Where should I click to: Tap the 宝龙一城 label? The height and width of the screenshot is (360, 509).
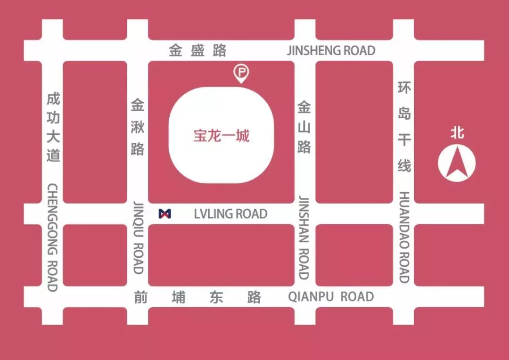(222, 136)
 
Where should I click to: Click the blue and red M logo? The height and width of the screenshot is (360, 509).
(165, 213)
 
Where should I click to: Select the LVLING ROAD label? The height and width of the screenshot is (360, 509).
(230, 214)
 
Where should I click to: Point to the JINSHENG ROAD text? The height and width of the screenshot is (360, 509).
(331, 50)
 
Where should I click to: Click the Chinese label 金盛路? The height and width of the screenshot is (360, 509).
(198, 50)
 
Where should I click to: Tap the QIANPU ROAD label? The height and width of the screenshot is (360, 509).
(331, 296)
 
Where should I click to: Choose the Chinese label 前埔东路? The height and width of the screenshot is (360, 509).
(197, 297)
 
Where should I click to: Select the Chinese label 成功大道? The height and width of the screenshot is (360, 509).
(53, 127)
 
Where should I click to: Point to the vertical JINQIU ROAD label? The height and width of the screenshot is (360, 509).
(138, 237)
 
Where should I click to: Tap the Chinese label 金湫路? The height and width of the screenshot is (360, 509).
(138, 127)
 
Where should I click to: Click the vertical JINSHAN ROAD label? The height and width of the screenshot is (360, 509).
(304, 237)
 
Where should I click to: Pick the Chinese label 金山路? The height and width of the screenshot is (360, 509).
(304, 127)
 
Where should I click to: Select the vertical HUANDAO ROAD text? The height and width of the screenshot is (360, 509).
(404, 237)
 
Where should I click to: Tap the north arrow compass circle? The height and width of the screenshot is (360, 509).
(457, 163)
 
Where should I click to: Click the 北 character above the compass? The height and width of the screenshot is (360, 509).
(457, 132)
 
